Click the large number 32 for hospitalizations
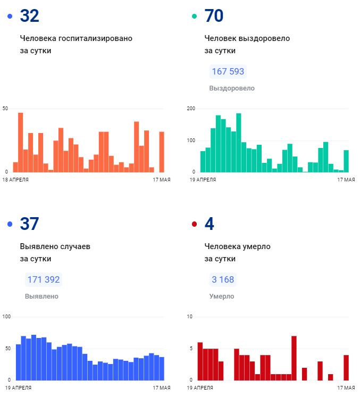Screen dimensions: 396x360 [x=29, y=16]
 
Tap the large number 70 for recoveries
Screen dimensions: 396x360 [x=214, y=16]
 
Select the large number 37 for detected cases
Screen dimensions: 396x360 [x=29, y=224]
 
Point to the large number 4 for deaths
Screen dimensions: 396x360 [x=209, y=224]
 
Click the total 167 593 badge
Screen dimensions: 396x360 [x=228, y=71]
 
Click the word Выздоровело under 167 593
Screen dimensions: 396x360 [x=232, y=88]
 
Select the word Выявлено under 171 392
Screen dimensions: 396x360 [x=41, y=296]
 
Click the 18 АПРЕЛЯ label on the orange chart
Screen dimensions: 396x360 [x=15, y=180]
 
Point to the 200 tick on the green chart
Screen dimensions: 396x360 [x=191, y=109]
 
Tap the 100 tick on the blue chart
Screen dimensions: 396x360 [x=7, y=317]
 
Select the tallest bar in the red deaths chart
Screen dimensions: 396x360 [x=294, y=358]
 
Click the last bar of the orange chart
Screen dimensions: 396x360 [x=162, y=152]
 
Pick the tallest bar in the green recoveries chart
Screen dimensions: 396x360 [x=239, y=143]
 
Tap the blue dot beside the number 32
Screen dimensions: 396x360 [x=10, y=16]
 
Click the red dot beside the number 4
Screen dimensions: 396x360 [x=194, y=225]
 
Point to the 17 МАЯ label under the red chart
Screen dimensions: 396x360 [x=346, y=388]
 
